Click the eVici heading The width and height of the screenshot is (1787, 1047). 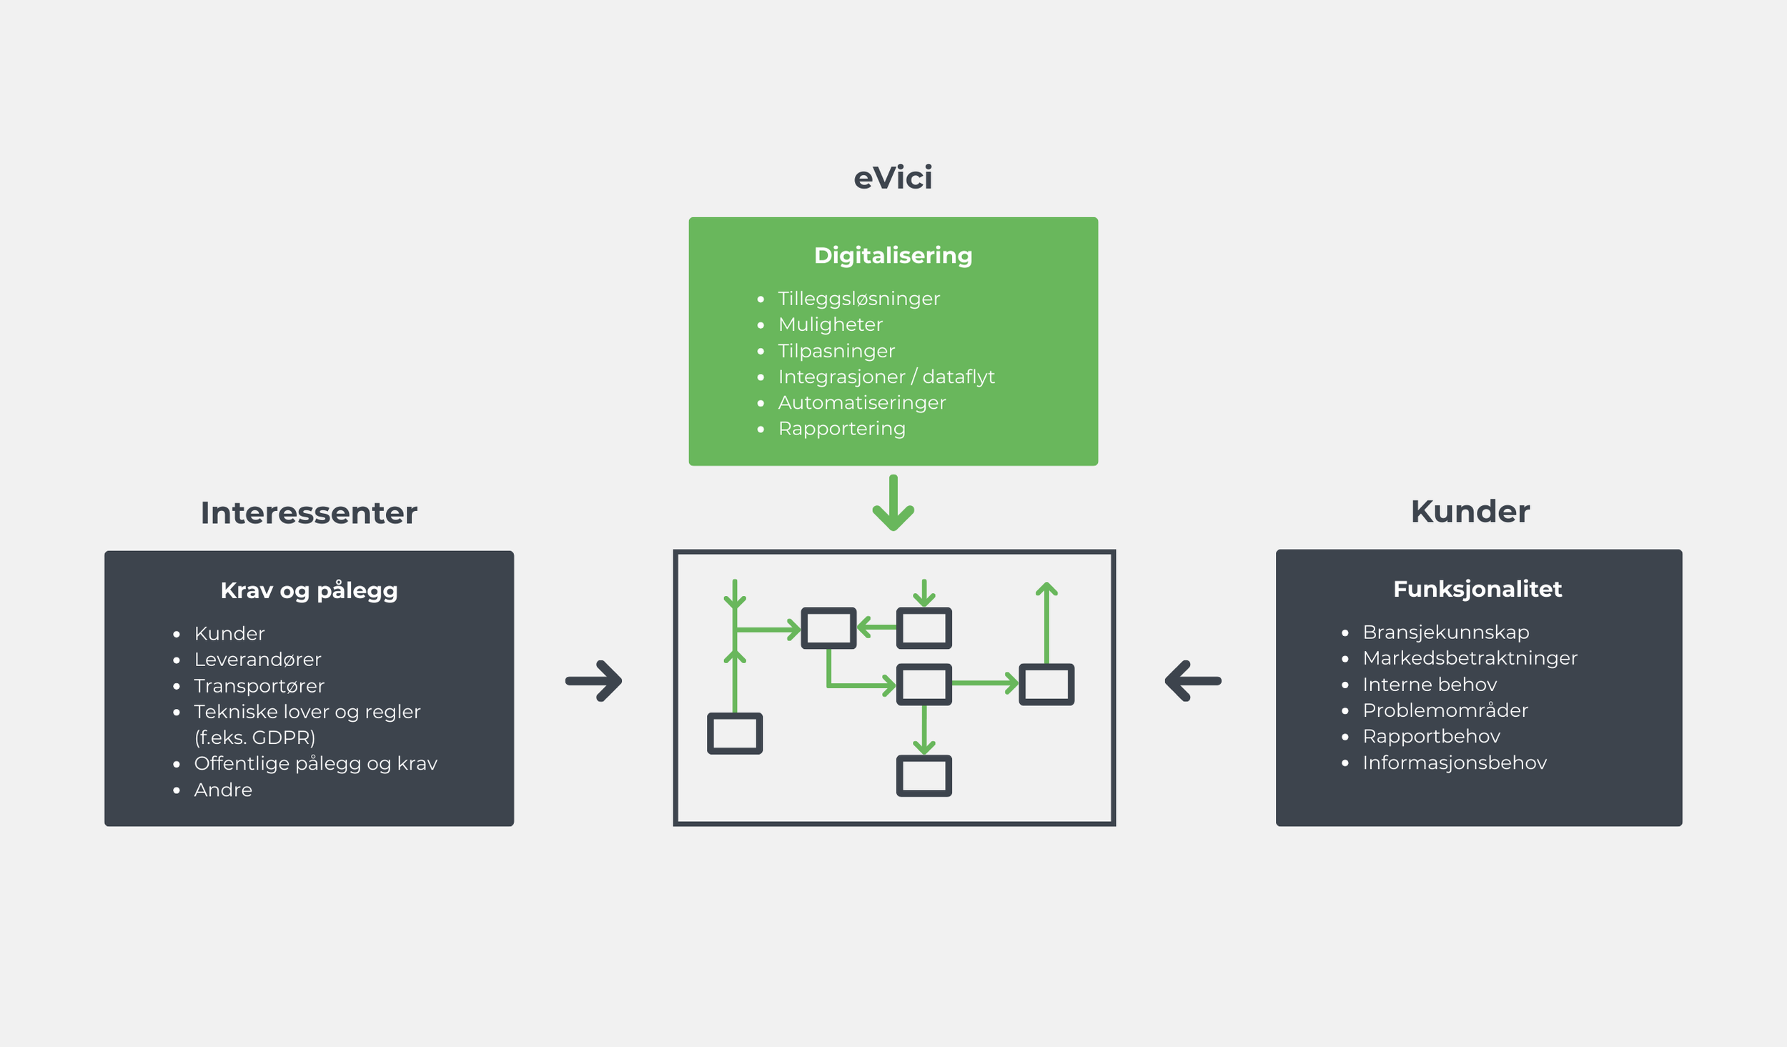pyautogui.click(x=893, y=177)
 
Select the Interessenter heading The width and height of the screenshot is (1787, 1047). pyautogui.click(x=309, y=512)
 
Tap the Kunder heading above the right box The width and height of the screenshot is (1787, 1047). pyautogui.click(x=1470, y=511)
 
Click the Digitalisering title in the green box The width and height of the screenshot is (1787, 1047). pyautogui.click(x=893, y=256)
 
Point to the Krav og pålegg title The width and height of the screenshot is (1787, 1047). pyautogui.click(x=309, y=591)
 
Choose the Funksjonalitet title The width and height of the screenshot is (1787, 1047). pyautogui.click(x=1477, y=589)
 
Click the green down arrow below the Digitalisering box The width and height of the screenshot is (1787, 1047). pyautogui.click(x=893, y=502)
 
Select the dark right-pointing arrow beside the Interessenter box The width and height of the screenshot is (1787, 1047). pyautogui.click(x=593, y=681)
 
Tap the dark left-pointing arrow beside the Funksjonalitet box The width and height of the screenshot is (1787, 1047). pyautogui.click(x=1193, y=681)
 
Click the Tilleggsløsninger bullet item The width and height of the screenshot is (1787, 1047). pyautogui.click(x=858, y=299)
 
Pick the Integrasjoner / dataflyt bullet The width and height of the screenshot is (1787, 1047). pyautogui.click(x=886, y=377)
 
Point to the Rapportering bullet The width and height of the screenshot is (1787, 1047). pyautogui.click(x=841, y=429)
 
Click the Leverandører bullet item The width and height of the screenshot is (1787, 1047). pyautogui.click(x=257, y=660)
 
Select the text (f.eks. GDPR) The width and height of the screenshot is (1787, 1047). pyautogui.click(x=254, y=738)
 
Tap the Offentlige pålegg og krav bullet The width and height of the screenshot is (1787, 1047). pyautogui.click(x=315, y=764)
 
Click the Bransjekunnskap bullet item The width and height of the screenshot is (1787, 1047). pyautogui.click(x=1445, y=632)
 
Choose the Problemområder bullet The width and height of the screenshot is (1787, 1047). pyautogui.click(x=1445, y=710)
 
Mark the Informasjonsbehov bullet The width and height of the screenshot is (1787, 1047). pyautogui.click(x=1454, y=763)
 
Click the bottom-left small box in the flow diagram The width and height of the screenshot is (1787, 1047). pyautogui.click(x=735, y=733)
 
